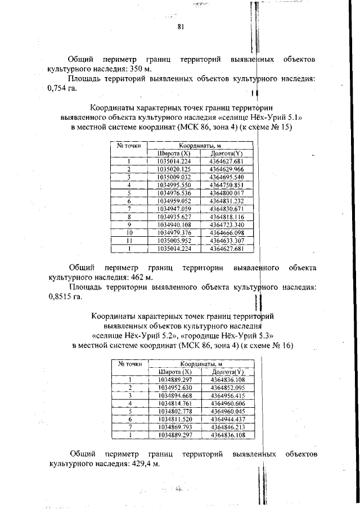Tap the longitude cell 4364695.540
pyautogui.click(x=226, y=177)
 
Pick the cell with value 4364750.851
pyautogui.click(x=226, y=184)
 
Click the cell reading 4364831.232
pyautogui.click(x=226, y=200)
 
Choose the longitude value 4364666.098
pyautogui.click(x=226, y=232)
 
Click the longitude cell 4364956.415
pyautogui.click(x=228, y=395)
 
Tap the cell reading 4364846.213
pyautogui.click(x=228, y=427)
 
